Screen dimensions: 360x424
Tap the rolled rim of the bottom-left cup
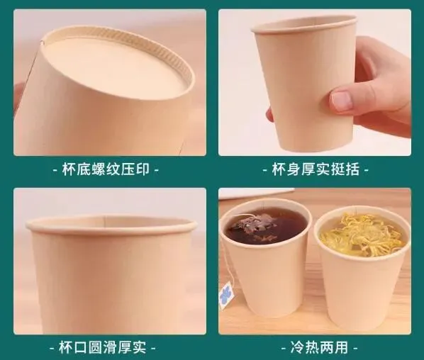[x=111, y=225]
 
